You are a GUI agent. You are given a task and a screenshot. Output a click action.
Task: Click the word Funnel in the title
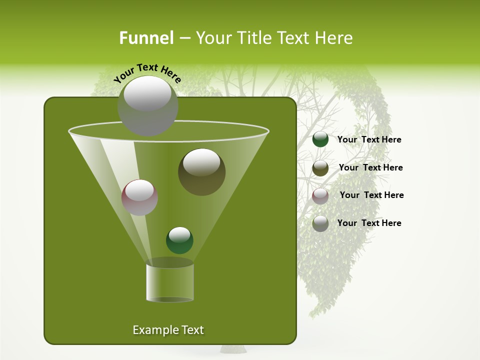[x=146, y=38]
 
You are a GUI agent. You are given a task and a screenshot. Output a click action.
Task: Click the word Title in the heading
[x=253, y=38]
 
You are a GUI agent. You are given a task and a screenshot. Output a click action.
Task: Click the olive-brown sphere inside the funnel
[x=201, y=172]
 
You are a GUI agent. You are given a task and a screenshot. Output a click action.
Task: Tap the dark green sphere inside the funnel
[x=179, y=240]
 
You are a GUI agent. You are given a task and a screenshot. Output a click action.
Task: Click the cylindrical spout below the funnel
[x=169, y=281]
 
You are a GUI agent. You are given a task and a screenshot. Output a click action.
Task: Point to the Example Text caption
[x=168, y=330]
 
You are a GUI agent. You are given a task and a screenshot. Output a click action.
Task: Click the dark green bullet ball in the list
[x=320, y=139]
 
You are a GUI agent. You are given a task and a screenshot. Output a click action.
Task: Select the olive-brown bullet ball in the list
[x=320, y=168]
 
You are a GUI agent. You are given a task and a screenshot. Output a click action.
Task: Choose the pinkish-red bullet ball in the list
[x=320, y=196]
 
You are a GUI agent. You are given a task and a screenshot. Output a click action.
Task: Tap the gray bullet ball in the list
[x=320, y=223]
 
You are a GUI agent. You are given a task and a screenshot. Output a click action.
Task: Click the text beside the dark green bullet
[x=369, y=140]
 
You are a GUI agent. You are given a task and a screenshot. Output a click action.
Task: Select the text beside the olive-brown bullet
[x=370, y=168]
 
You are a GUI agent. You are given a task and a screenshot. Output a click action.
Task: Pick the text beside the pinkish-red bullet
[x=371, y=195]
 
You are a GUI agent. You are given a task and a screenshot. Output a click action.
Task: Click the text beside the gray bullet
[x=369, y=223]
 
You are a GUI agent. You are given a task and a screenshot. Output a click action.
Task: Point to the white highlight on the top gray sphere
[x=147, y=94]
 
